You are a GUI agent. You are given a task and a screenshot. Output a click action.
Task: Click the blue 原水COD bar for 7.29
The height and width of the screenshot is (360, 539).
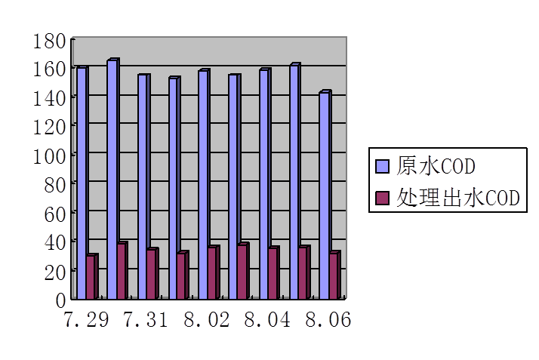point(81,181)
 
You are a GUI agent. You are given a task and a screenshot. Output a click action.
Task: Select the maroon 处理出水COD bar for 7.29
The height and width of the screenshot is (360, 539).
point(91,276)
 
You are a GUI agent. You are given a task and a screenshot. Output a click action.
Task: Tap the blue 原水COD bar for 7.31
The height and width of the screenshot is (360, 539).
point(142,185)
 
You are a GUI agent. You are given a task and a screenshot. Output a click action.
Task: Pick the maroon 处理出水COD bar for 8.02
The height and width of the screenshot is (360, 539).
point(212,272)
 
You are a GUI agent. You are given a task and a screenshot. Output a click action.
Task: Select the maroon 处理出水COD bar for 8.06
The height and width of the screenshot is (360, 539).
point(334,275)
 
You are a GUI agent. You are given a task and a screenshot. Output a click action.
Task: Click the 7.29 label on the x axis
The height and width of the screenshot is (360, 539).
point(85,320)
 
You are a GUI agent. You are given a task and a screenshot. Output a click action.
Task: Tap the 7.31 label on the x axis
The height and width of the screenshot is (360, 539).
point(146,320)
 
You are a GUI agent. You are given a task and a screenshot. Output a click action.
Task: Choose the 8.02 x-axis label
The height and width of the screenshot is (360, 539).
point(206,320)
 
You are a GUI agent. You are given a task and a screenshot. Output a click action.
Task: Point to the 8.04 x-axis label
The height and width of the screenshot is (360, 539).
point(267,320)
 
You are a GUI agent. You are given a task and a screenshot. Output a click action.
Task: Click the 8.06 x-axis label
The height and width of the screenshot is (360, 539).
point(328,320)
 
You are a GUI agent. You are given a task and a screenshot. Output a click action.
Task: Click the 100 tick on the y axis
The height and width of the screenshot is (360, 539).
point(50,155)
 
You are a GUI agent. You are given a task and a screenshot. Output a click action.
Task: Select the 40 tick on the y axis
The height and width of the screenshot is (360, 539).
point(54,242)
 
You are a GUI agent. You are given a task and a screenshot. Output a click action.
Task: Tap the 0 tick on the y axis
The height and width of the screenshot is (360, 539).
point(61,299)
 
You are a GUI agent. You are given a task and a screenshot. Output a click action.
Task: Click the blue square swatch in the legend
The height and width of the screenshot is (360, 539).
point(382,165)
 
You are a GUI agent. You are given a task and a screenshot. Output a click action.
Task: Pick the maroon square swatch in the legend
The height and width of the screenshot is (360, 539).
point(382,198)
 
